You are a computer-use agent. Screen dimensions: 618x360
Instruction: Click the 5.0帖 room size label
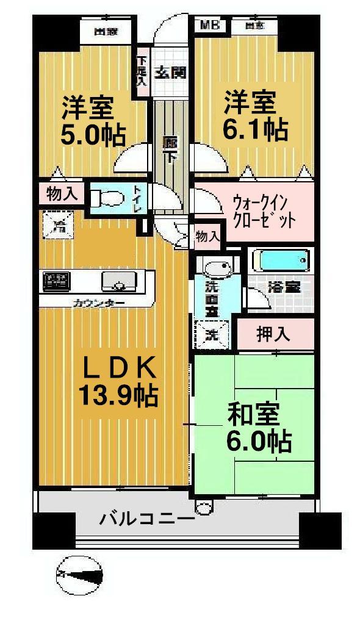pos(93,133)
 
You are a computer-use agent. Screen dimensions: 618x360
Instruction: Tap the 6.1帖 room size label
pos(256,130)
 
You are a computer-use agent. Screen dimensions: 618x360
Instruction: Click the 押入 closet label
pos(273,334)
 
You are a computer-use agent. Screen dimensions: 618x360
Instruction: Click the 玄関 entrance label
pos(169,72)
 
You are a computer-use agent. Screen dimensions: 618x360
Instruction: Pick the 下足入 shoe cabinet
pos(142,71)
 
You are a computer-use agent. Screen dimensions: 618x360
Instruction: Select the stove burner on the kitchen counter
pos(56,282)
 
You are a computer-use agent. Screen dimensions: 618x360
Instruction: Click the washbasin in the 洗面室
pos(217,268)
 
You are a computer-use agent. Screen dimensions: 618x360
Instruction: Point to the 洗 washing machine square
pos(211,334)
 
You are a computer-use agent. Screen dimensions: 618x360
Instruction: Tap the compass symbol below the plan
pos(79,573)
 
